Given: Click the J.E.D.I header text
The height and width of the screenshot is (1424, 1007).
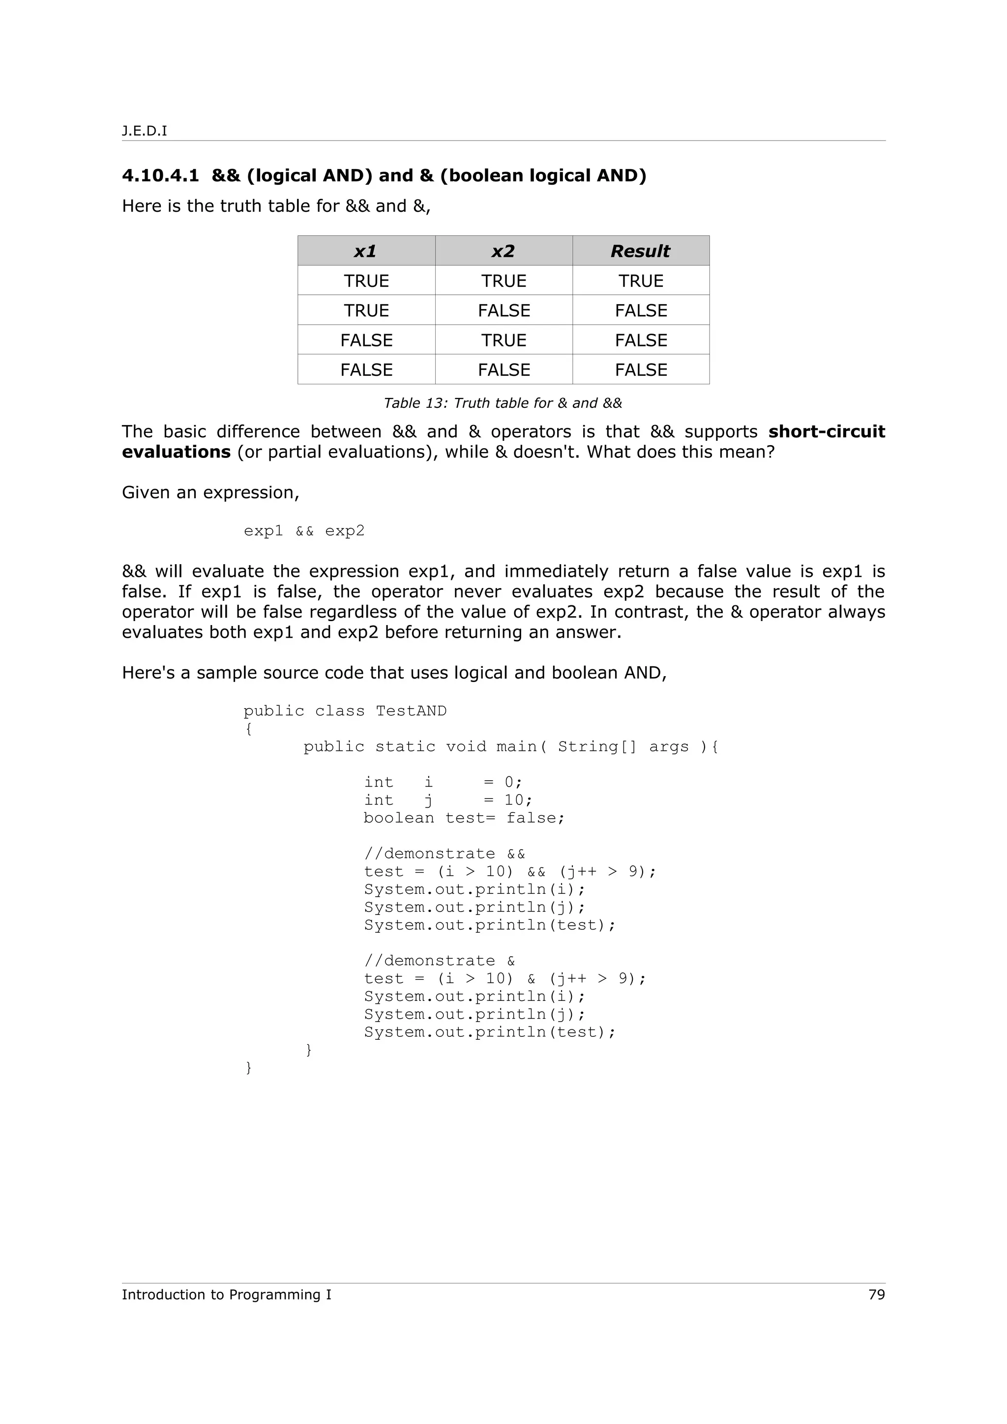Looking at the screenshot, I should pyautogui.click(x=144, y=131).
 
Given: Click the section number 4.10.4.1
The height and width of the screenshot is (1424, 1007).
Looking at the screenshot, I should pyautogui.click(x=160, y=175).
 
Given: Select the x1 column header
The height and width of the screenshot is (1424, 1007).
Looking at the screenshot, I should pyautogui.click(x=365, y=251).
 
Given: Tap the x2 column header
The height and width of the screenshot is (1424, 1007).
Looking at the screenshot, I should pyautogui.click(x=503, y=251).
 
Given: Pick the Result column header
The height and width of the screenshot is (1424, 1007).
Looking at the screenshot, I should pyautogui.click(x=640, y=251).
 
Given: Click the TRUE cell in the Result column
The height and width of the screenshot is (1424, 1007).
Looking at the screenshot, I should pyautogui.click(x=640, y=281).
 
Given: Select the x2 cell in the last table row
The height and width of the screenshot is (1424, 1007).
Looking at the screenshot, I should pyautogui.click(x=503, y=370).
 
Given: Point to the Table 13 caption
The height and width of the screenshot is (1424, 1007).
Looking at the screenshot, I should pyautogui.click(x=503, y=403).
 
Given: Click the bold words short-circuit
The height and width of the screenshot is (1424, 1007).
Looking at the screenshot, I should pyautogui.click(x=827, y=431).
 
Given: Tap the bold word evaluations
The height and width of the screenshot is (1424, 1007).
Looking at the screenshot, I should pyautogui.click(x=176, y=452).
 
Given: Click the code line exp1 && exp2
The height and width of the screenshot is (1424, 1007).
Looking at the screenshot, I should pyautogui.click(x=304, y=531).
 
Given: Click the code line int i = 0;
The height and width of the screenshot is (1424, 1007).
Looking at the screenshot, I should pyautogui.click(x=443, y=782).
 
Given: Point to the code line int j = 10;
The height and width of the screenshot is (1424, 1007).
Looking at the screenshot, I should pyautogui.click(x=448, y=800).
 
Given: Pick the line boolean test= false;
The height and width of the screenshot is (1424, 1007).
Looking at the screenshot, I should pyautogui.click(x=464, y=818).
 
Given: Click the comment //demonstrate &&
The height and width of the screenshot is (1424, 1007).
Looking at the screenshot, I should pyautogui.click(x=444, y=854).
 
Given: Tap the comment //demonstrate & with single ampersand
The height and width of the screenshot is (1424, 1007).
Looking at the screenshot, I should pyautogui.click(x=439, y=961).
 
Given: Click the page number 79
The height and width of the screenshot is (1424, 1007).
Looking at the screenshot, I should pyautogui.click(x=876, y=1295).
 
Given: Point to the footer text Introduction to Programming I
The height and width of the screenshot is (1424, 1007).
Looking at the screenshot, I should pyautogui.click(x=227, y=1295).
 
